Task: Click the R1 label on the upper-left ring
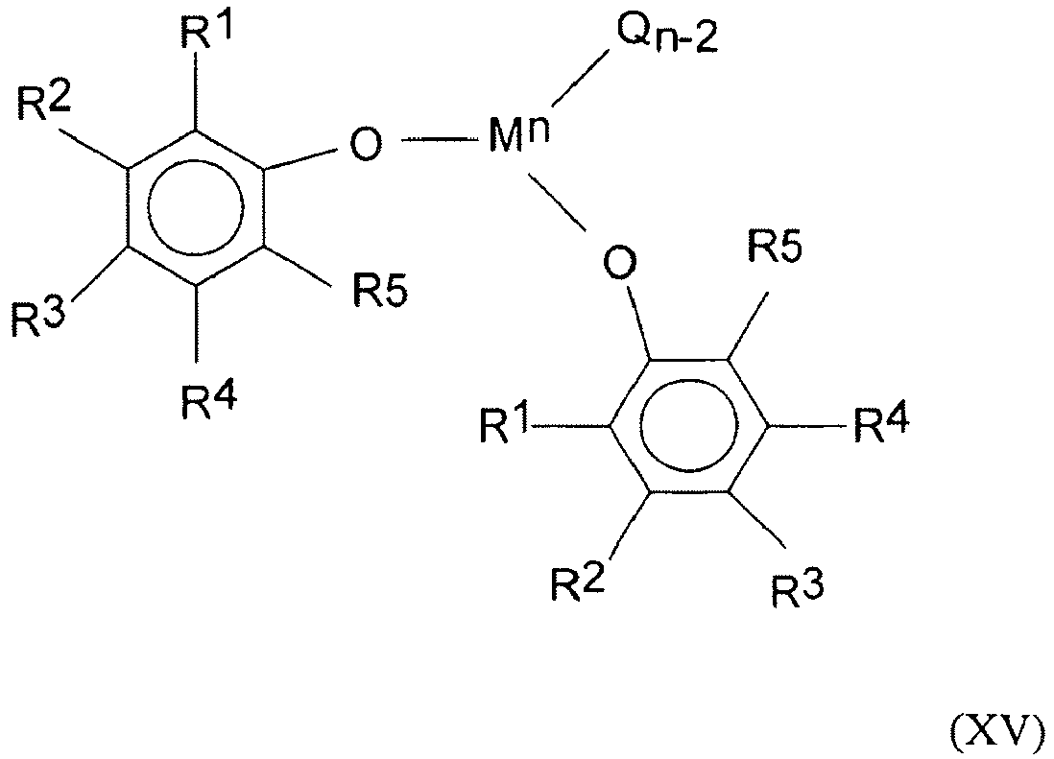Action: [x=206, y=31]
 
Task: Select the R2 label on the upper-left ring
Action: [x=43, y=102]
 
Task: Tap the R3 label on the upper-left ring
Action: [x=37, y=316]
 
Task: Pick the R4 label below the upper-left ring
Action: [x=208, y=401]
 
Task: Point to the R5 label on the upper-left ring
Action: [x=380, y=290]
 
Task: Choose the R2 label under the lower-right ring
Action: [x=578, y=581]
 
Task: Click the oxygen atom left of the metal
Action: [x=366, y=143]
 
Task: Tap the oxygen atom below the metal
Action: [x=620, y=263]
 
